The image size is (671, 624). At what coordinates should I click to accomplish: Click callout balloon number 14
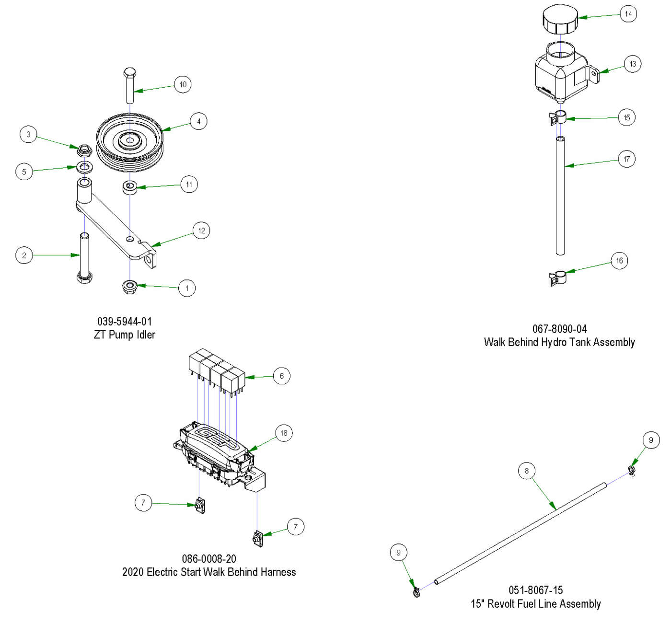(628, 14)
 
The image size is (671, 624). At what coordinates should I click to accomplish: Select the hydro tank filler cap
(560, 22)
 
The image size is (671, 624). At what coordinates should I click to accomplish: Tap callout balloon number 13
(633, 64)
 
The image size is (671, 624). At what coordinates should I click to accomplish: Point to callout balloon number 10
(183, 84)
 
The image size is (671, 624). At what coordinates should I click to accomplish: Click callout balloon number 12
(201, 231)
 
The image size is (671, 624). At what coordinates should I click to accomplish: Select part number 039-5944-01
(125, 321)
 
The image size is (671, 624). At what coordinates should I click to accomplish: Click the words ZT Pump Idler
(125, 335)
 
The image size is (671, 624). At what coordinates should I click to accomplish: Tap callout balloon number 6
(281, 376)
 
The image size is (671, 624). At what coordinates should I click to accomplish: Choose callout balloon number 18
(284, 433)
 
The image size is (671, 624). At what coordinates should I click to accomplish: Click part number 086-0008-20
(209, 559)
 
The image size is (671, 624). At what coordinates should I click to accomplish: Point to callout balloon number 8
(526, 471)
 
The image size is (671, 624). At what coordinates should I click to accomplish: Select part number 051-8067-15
(536, 590)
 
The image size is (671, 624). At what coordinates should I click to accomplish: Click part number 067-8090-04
(559, 329)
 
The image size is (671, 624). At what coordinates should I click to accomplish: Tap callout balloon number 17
(626, 159)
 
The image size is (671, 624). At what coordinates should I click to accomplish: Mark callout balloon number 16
(619, 261)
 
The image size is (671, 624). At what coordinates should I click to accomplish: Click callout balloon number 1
(186, 288)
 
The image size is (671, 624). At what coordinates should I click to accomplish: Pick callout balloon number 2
(24, 255)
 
